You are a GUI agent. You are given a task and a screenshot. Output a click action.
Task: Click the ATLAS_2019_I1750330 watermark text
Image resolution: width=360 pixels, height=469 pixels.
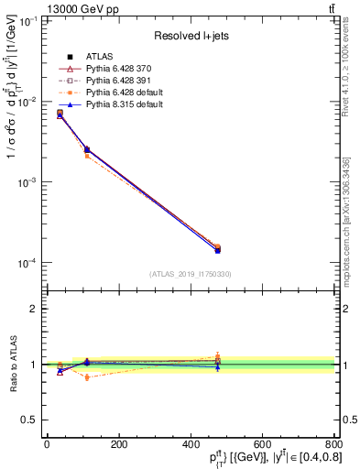(190, 274)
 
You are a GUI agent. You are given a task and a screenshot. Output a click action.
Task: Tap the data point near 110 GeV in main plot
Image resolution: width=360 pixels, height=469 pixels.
(86, 149)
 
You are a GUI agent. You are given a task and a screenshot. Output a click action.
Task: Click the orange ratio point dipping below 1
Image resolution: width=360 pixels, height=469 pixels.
(86, 376)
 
